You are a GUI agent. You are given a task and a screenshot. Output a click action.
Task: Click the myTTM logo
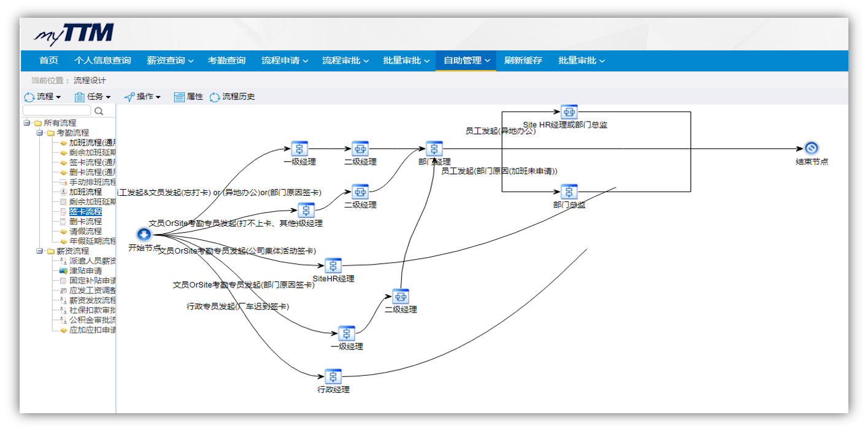(74, 34)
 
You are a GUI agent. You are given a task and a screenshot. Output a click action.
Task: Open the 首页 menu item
(48, 60)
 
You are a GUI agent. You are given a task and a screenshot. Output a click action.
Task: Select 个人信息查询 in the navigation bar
(102, 60)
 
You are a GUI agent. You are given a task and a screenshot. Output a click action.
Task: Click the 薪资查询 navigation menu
(170, 60)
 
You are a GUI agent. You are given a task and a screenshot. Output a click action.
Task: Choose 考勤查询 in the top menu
(226, 60)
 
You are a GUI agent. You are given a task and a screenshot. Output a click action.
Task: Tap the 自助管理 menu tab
(466, 60)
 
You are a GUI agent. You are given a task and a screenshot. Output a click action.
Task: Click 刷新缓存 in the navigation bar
(523, 60)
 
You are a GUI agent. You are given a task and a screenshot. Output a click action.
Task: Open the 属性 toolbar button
(188, 97)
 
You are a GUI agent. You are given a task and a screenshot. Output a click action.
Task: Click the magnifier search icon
(99, 111)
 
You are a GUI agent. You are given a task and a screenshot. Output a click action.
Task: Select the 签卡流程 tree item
(85, 212)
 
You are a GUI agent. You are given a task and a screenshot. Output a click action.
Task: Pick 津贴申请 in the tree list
(85, 271)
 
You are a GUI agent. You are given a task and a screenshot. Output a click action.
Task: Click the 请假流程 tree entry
(85, 231)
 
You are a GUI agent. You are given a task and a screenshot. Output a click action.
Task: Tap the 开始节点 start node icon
(144, 234)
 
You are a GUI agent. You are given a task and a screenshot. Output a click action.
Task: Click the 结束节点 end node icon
(812, 149)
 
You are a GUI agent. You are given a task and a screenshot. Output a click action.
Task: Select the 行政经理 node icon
(333, 376)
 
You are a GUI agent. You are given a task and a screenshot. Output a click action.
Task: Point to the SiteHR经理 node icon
(333, 265)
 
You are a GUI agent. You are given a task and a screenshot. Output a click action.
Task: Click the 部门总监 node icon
(569, 192)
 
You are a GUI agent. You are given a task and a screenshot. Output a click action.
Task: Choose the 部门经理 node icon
(434, 149)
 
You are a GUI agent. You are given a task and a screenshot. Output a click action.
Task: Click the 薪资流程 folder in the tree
(72, 251)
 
